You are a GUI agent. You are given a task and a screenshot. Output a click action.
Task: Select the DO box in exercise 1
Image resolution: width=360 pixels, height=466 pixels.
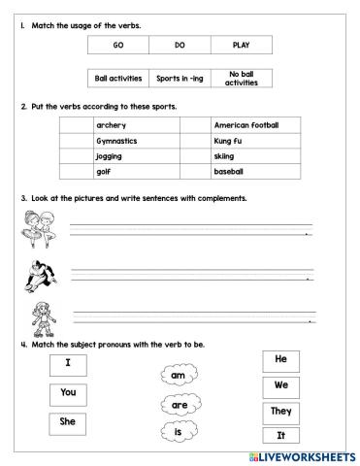(x=179, y=45)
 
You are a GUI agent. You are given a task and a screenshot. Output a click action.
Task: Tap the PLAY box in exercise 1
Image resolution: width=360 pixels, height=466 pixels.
(x=242, y=45)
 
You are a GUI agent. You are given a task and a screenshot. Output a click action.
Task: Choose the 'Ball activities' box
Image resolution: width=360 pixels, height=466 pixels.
(x=117, y=78)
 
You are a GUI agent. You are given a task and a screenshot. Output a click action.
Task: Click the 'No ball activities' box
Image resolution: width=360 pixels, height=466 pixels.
(x=242, y=78)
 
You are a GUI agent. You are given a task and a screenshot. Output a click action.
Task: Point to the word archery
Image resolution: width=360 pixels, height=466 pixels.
(x=111, y=125)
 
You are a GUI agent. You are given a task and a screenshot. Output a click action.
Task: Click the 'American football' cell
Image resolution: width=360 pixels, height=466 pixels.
(x=245, y=125)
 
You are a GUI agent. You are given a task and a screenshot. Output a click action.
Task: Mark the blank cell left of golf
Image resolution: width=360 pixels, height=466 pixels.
(x=76, y=171)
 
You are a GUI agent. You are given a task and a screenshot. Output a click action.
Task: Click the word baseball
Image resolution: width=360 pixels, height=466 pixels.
(x=230, y=171)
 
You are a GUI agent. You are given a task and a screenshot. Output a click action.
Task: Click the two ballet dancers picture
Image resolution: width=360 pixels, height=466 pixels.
(x=35, y=230)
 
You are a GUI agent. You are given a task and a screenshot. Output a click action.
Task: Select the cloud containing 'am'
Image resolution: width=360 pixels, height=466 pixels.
(x=178, y=374)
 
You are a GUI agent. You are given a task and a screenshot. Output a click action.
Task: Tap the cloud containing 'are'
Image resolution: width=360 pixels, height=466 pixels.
(x=180, y=403)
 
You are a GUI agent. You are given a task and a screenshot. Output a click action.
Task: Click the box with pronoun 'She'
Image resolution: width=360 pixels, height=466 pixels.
(x=67, y=421)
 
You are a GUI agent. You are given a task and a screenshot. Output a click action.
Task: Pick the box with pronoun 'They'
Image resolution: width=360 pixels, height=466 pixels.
(x=281, y=411)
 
